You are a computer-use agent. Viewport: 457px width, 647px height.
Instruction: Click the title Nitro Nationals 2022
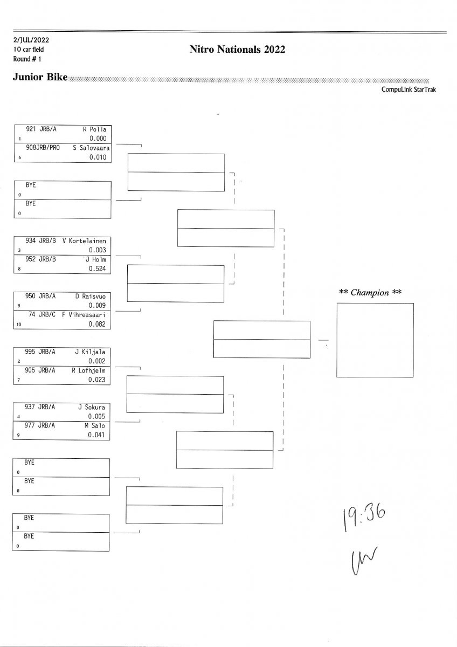tap(237, 50)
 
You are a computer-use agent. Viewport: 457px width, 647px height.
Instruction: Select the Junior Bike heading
tap(40, 77)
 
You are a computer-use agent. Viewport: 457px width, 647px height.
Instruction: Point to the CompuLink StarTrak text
tap(408, 90)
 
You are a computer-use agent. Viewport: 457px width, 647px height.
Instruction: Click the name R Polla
tap(95, 129)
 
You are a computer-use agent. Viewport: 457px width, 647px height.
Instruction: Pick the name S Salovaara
tap(92, 147)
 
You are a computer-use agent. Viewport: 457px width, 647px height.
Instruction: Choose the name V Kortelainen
tap(85, 241)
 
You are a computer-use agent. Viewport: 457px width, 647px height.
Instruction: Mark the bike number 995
tap(31, 352)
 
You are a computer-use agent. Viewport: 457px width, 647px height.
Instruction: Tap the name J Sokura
tap(92, 407)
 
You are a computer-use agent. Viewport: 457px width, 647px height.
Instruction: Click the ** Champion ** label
tap(371, 293)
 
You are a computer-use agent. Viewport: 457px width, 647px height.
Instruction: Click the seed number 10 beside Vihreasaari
tap(19, 325)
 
